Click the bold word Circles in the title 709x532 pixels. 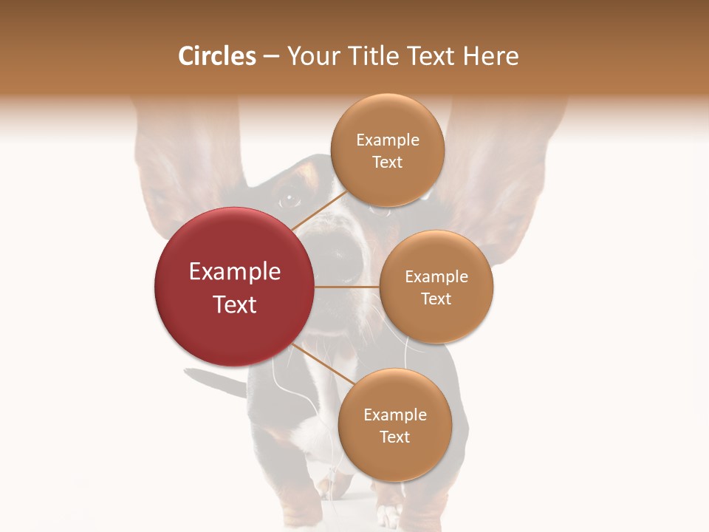pos(216,56)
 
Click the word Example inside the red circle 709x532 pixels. pos(235,272)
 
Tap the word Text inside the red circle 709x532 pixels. pos(235,304)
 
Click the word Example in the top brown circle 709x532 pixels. pos(388,140)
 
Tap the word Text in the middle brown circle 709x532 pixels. pos(436,299)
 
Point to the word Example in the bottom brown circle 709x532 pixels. pos(395,415)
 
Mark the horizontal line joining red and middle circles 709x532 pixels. pos(347,287)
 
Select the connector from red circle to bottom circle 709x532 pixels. pos(322,365)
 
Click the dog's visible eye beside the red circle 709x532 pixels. pos(289,200)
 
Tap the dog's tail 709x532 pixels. pos(214,381)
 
